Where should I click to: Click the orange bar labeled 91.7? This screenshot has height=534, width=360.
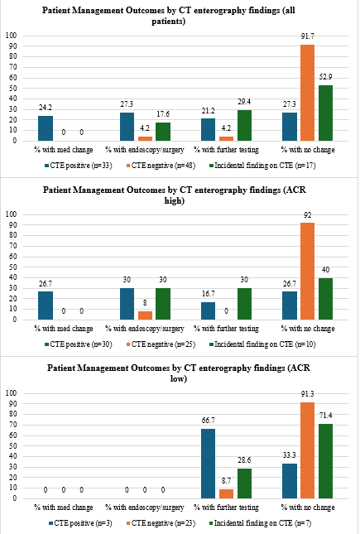307,93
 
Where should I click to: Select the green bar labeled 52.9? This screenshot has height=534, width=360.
325,113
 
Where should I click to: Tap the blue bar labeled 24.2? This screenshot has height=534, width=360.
46,128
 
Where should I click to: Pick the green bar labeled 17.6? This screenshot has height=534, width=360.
163,132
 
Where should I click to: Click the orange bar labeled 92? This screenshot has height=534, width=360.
307,271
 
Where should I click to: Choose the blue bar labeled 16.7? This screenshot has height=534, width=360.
208,311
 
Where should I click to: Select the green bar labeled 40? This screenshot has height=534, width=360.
325,299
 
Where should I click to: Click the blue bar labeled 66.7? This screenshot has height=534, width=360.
208,464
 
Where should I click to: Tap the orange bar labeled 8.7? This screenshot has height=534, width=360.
227,493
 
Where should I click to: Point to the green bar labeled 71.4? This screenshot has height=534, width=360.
325,461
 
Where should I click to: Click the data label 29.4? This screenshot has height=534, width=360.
244,102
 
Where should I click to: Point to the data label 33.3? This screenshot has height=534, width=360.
289,455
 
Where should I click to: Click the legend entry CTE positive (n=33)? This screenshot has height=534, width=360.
78,166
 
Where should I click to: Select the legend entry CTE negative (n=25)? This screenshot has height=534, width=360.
161,344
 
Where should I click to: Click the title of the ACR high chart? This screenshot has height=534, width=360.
175,195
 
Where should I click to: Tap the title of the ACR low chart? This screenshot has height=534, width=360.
179,373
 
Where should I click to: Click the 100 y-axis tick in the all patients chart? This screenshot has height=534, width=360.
12,36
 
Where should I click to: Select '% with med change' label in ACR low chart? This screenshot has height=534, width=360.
64,508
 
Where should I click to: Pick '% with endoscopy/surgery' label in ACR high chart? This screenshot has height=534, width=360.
145,329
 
